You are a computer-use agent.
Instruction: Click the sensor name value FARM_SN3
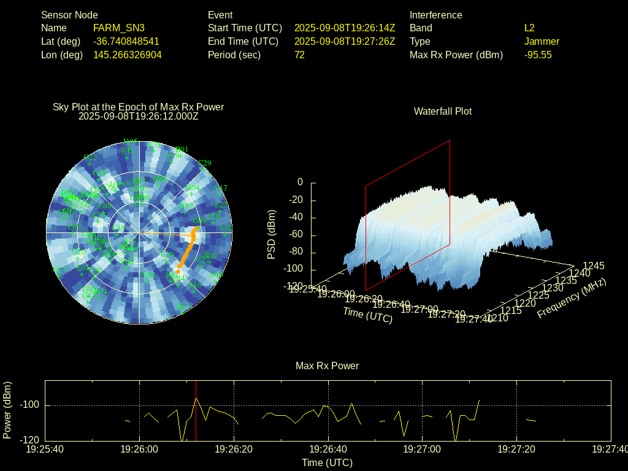[x=119, y=28]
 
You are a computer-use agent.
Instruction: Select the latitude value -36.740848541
[x=126, y=41]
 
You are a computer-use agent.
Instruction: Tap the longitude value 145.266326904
[x=128, y=55]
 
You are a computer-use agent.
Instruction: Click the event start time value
[x=345, y=28]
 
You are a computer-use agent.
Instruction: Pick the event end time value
[x=345, y=41]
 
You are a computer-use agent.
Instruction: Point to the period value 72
[x=299, y=55]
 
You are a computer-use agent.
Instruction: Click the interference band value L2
[x=529, y=28]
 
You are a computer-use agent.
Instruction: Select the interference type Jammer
[x=542, y=41]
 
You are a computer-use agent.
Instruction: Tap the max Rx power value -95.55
[x=538, y=55]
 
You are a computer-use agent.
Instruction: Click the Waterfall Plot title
[x=443, y=111]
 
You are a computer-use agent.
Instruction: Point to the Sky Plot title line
[x=138, y=107]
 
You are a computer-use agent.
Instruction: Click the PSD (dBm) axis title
[x=272, y=234]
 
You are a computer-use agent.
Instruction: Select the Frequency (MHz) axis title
[x=572, y=299]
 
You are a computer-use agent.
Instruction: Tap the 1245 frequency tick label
[x=593, y=266]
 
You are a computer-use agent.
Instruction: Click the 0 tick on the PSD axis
[x=300, y=182]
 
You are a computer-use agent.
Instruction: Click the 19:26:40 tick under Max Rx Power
[x=328, y=450]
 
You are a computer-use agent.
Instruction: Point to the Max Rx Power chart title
[x=327, y=366]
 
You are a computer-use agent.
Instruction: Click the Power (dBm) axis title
[x=7, y=410]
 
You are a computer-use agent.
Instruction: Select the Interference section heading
[x=435, y=15]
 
